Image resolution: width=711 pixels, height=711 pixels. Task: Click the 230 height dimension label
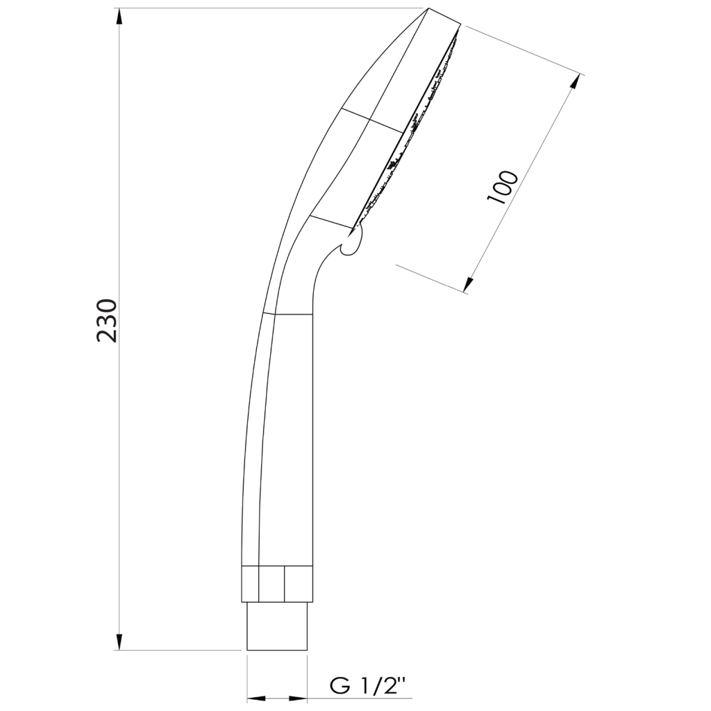(x=107, y=321)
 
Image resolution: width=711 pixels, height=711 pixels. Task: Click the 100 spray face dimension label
(x=501, y=187)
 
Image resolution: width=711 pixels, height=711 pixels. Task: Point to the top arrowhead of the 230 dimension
(x=119, y=17)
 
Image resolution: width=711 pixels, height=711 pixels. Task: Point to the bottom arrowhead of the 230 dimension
(x=119, y=641)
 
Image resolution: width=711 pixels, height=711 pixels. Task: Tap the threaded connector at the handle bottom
(x=276, y=626)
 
